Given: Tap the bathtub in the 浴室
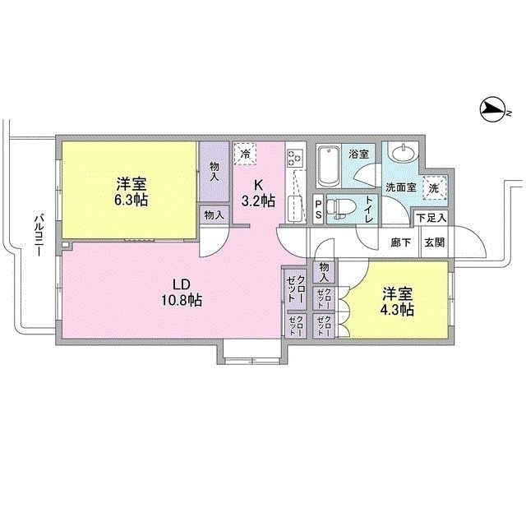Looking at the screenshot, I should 328,166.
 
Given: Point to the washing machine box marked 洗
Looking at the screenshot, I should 434,188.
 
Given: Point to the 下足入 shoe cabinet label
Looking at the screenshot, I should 430,218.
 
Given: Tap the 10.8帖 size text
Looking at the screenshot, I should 182,301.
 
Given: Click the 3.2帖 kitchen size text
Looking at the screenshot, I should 258,201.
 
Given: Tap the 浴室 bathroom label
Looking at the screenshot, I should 358,154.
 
